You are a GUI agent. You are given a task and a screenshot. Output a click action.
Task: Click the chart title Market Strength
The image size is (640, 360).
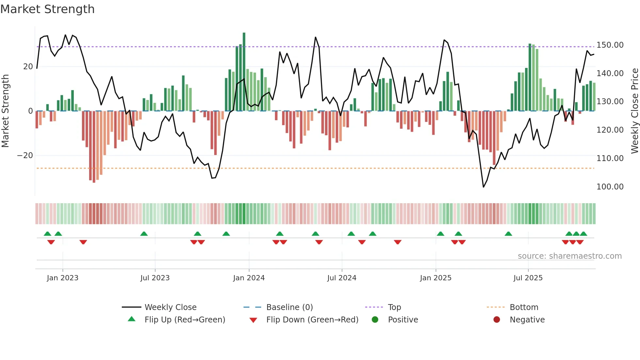click(x=47, y=9)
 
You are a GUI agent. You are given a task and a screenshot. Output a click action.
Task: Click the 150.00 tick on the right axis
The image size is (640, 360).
click(x=610, y=45)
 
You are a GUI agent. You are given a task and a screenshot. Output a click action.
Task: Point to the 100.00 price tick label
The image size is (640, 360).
click(x=610, y=187)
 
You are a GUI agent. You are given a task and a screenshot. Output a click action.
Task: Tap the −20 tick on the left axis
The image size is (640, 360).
click(x=25, y=155)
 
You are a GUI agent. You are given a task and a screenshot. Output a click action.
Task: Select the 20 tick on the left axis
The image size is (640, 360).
click(x=28, y=67)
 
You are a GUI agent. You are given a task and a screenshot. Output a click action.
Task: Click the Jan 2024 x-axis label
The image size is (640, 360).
click(x=249, y=278)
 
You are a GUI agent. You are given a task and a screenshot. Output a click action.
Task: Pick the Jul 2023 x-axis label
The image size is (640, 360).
click(x=155, y=278)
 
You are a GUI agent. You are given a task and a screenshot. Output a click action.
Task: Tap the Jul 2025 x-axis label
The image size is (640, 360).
click(x=528, y=278)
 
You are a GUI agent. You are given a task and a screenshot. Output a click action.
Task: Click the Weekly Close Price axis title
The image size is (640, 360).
click(x=634, y=111)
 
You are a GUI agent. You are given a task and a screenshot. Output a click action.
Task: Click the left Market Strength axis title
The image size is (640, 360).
click(x=6, y=111)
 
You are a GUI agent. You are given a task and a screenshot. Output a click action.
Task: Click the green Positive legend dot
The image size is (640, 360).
click(x=375, y=320)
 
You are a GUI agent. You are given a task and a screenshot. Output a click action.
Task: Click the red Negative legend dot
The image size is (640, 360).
click(x=497, y=320)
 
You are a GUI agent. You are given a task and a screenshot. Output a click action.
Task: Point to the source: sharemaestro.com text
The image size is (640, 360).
click(x=569, y=256)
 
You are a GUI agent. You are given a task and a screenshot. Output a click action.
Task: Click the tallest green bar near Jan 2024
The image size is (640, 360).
click(x=244, y=72)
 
